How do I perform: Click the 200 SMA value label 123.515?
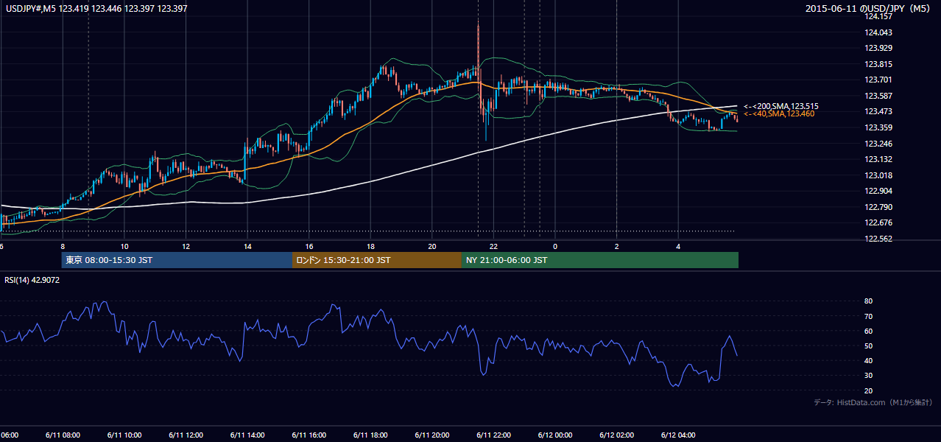pyautogui.click(x=781, y=106)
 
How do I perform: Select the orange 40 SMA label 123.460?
pyautogui.click(x=779, y=114)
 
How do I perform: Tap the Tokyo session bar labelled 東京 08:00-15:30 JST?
pyautogui.click(x=177, y=260)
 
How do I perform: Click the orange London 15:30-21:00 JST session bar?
pyautogui.click(x=377, y=260)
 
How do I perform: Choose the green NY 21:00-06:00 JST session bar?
pyautogui.click(x=600, y=260)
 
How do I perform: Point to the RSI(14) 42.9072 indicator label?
pyautogui.click(x=32, y=280)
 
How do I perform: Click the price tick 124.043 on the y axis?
pyautogui.click(x=878, y=32)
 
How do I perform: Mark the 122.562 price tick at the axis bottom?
pyautogui.click(x=878, y=239)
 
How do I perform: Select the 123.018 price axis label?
pyautogui.click(x=878, y=175)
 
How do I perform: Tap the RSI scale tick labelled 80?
pyautogui.click(x=868, y=301)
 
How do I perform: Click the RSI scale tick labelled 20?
pyautogui.click(x=868, y=390)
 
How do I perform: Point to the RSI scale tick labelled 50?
pyautogui.click(x=868, y=345)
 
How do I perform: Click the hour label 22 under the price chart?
pyautogui.click(x=493, y=247)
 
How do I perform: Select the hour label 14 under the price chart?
pyautogui.click(x=247, y=247)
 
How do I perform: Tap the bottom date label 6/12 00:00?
pyautogui.click(x=555, y=435)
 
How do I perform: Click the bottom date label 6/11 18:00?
pyautogui.click(x=370, y=435)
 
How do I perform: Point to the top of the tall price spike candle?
pyautogui.click(x=478, y=20)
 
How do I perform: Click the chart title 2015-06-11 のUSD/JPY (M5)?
pyautogui.click(x=867, y=8)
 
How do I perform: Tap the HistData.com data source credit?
pyautogui.click(x=873, y=402)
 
